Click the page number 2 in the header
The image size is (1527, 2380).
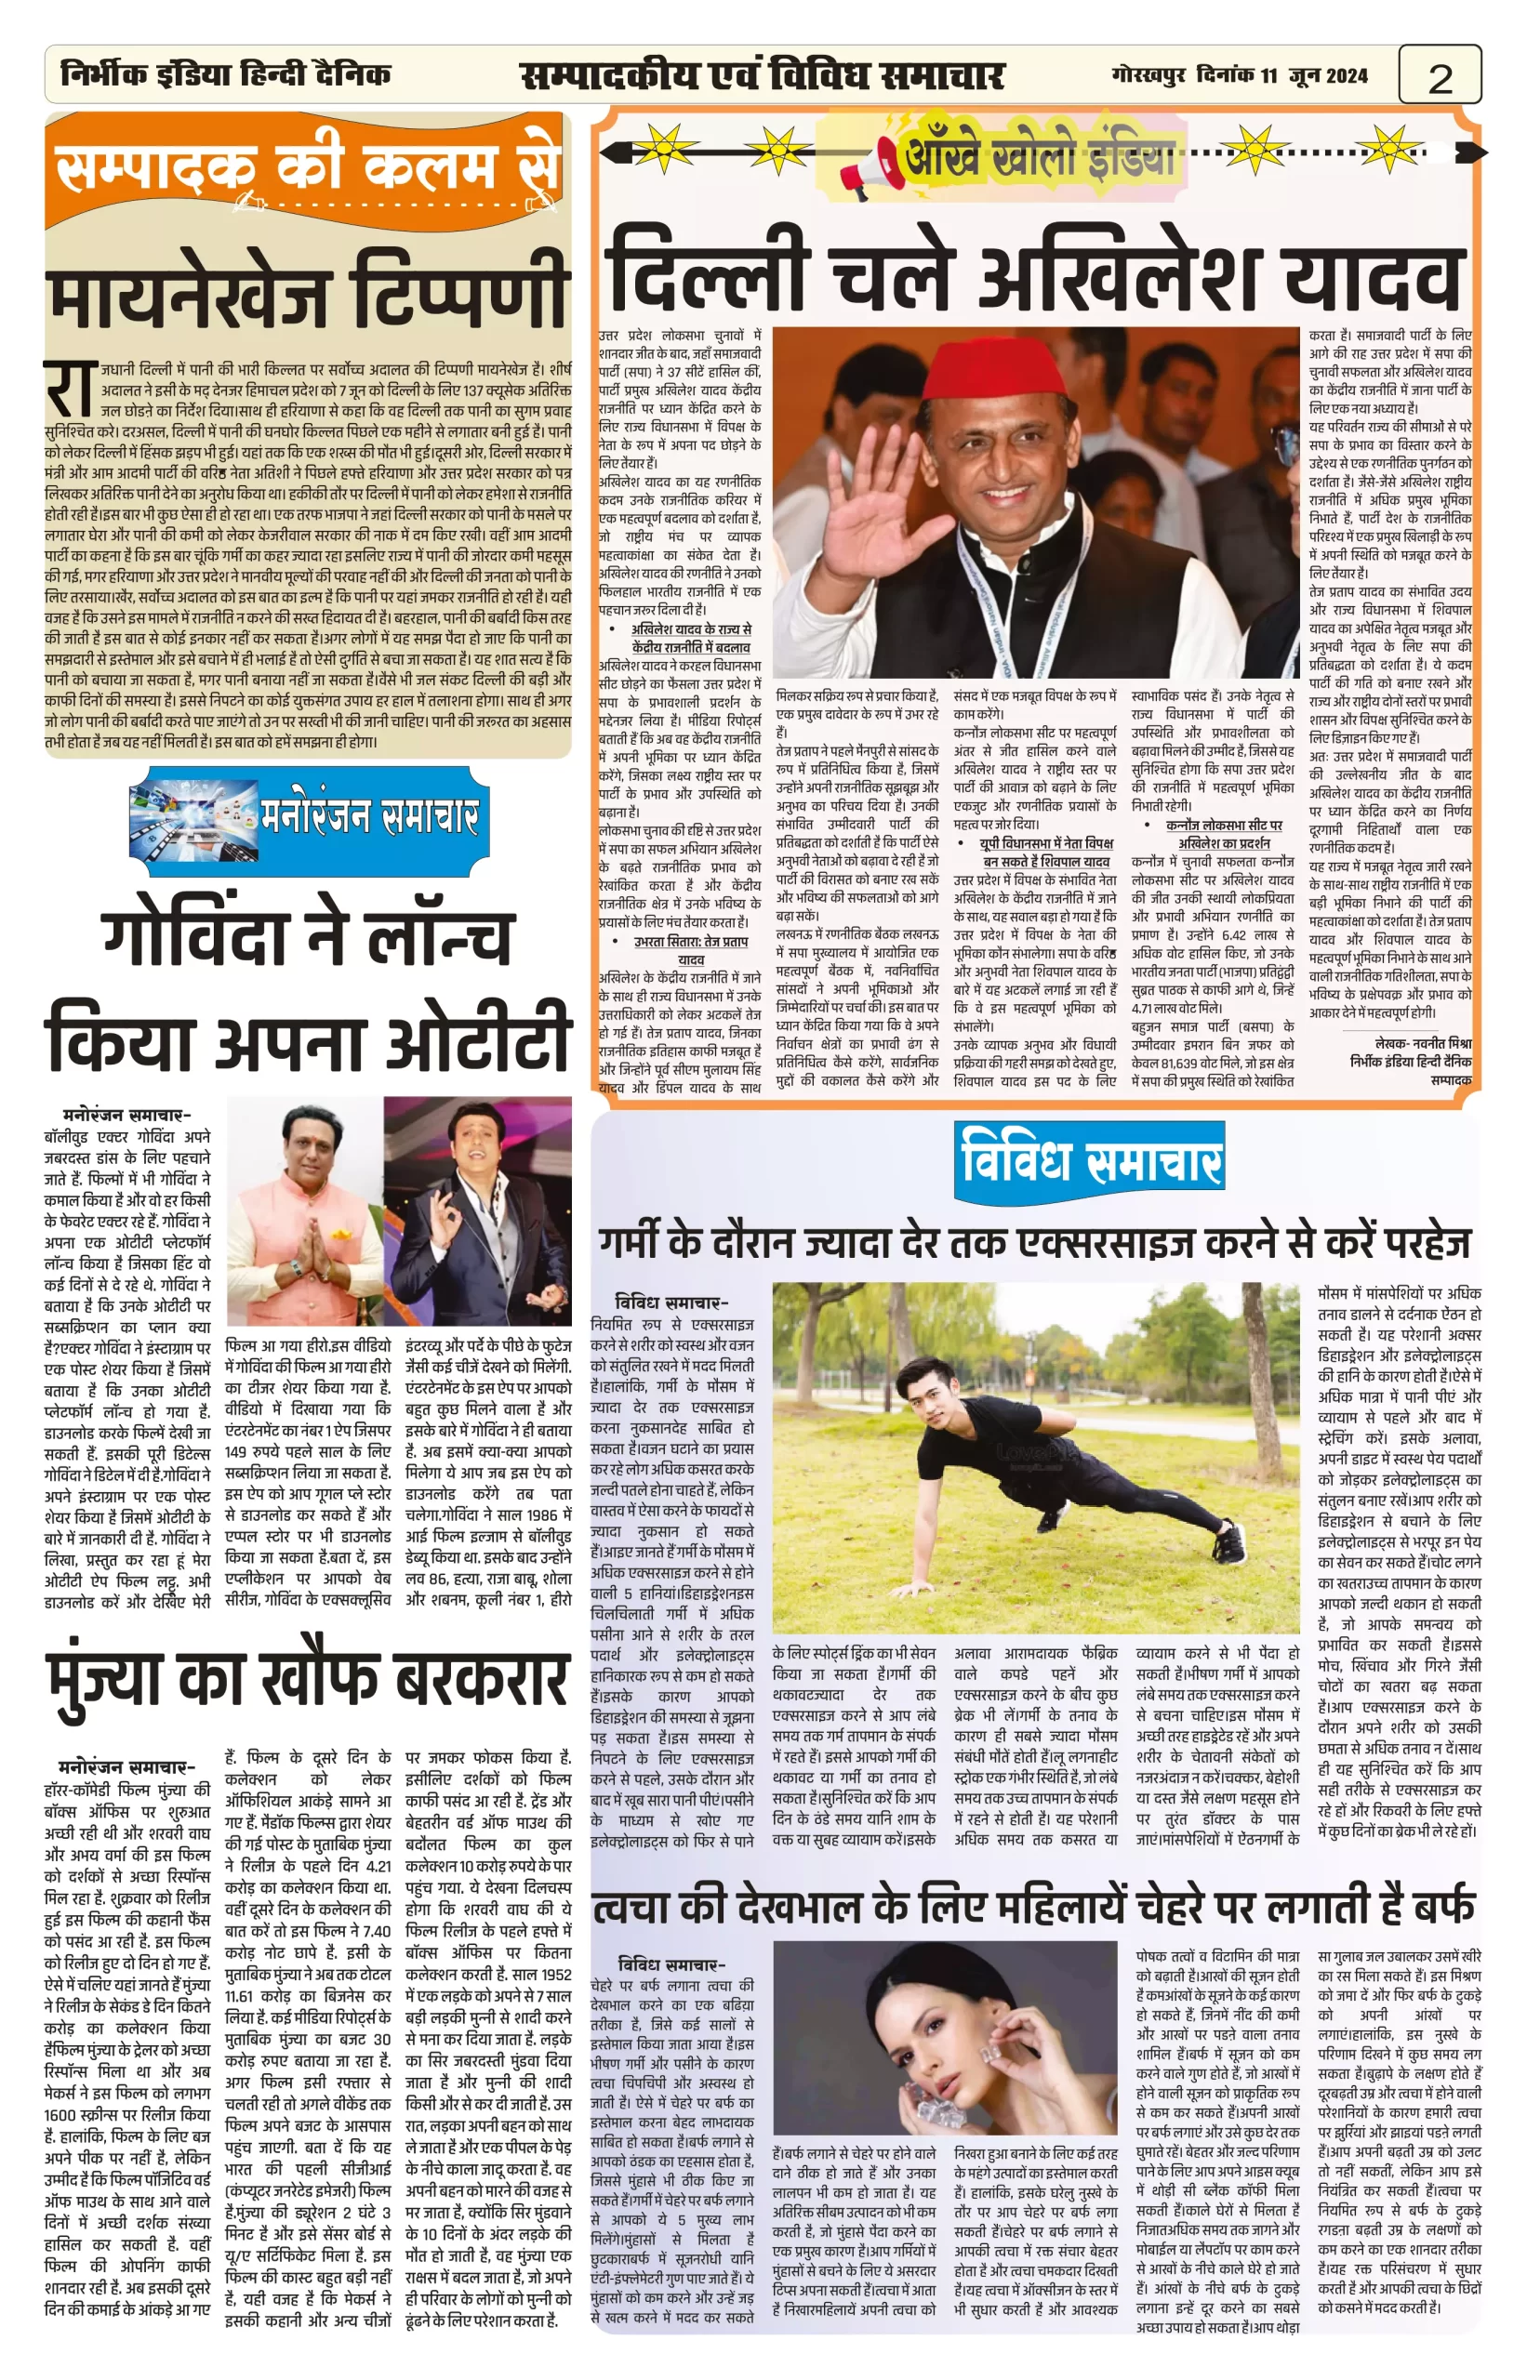1440,77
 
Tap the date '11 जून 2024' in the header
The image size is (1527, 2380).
1315,75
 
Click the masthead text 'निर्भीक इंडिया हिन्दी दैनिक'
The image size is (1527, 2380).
226,74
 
